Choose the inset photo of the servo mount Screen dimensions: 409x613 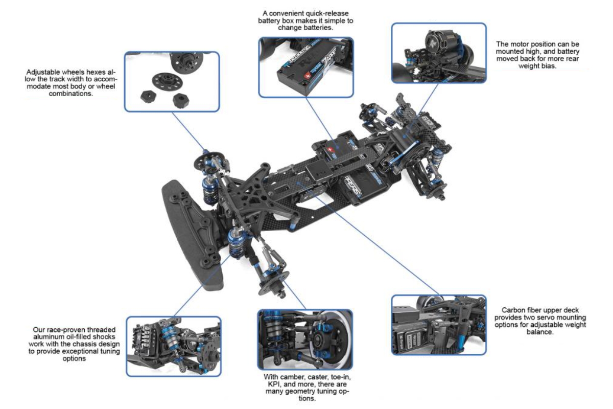click(x=438, y=324)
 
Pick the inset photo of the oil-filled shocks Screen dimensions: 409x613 click(x=174, y=346)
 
